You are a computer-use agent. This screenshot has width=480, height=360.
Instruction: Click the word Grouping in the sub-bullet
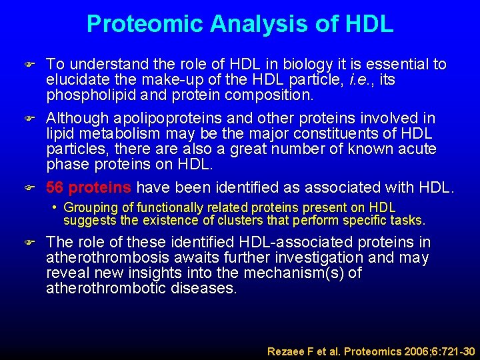coord(89,207)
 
